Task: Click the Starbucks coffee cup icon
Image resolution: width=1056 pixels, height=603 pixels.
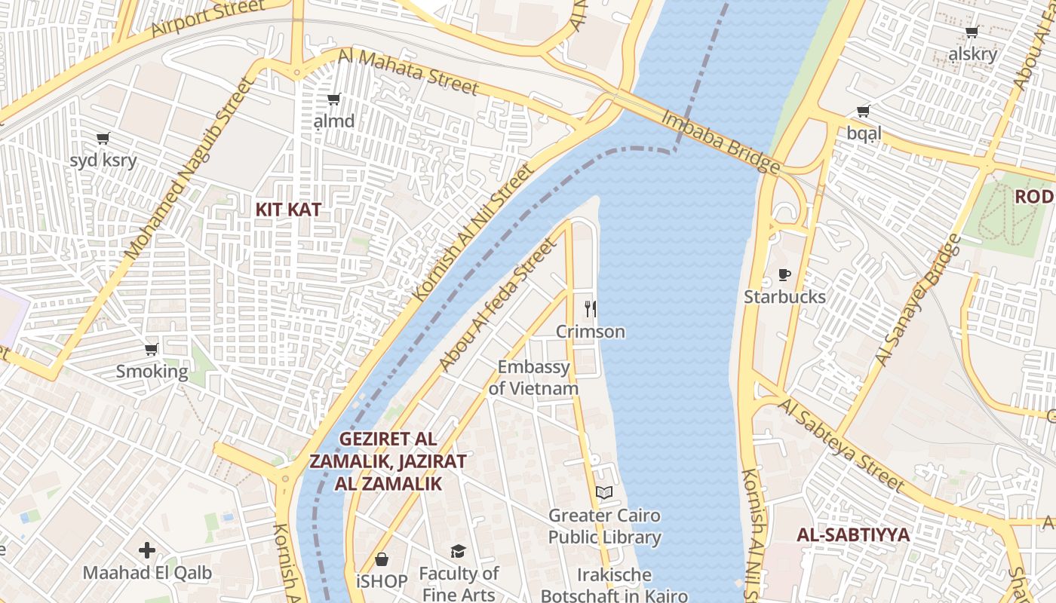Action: (784, 275)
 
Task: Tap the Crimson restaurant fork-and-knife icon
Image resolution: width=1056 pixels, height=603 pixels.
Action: (591, 309)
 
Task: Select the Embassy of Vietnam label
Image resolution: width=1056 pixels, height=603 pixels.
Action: (533, 378)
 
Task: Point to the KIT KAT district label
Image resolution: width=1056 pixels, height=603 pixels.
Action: (288, 210)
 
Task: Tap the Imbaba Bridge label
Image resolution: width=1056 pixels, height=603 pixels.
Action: (720, 142)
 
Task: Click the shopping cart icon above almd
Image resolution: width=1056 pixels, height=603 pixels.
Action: (333, 99)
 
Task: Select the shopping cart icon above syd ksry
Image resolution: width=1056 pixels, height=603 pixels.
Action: (103, 139)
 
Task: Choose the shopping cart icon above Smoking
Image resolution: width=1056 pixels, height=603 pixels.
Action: (152, 350)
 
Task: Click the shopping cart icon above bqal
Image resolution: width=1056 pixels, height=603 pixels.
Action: (864, 112)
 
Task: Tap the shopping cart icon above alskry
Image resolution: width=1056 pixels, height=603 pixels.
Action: (972, 32)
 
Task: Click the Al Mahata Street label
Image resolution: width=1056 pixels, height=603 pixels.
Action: (408, 72)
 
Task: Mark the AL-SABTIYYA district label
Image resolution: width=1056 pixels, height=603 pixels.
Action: (853, 535)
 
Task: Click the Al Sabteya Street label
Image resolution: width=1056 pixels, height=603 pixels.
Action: (840, 445)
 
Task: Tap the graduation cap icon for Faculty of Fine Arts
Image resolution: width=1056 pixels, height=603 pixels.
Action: (458, 552)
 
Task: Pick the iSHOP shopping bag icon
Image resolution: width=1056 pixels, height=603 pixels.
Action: (382, 559)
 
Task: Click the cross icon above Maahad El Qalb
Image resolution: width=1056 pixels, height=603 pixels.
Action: (147, 550)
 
